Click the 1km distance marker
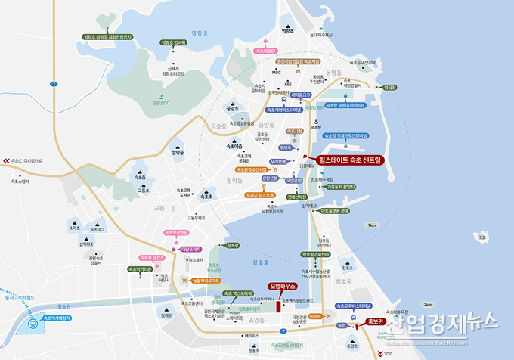coord(370,225)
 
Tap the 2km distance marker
coord(429,303)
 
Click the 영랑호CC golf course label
coord(163,103)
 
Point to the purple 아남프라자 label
coord(190,248)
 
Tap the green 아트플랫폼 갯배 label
coord(333,211)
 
